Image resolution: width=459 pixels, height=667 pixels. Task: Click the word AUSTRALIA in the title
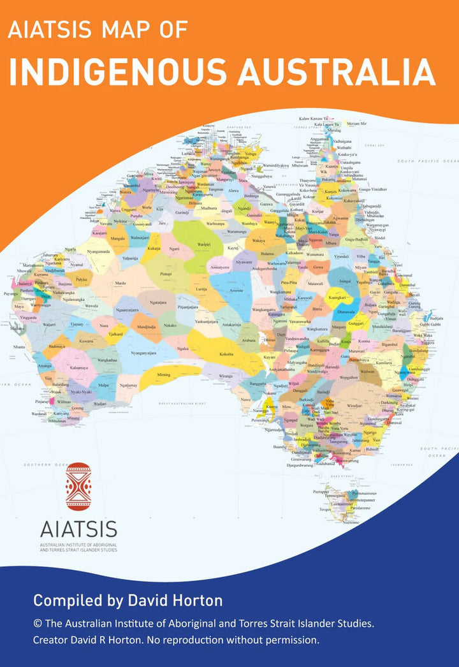tap(337, 72)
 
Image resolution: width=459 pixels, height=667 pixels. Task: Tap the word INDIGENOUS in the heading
tap(118, 72)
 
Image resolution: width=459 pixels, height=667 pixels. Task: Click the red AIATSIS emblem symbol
tap(78, 486)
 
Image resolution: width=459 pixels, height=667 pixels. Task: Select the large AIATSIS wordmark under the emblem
tap(78, 529)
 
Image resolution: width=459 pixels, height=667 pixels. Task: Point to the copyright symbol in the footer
tap(38, 622)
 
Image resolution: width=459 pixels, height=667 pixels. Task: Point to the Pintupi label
tap(166, 273)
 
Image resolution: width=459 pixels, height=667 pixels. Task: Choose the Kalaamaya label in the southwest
tap(79, 368)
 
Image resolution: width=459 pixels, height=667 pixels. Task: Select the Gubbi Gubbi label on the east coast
tap(435, 324)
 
